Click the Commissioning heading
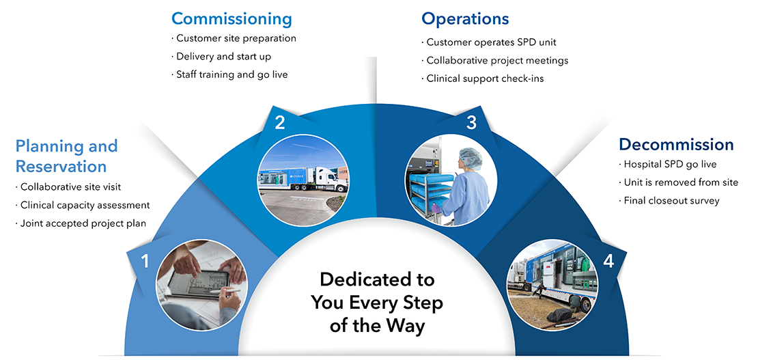click(x=231, y=18)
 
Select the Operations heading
click(x=465, y=18)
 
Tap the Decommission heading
click(x=676, y=144)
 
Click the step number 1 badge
click(x=144, y=261)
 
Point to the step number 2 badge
click(x=280, y=123)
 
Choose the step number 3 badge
click(x=471, y=123)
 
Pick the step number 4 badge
click(x=607, y=261)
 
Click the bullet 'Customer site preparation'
click(x=236, y=38)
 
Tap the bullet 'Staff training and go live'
click(x=231, y=74)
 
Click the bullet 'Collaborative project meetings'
click(x=496, y=60)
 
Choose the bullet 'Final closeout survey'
click(x=671, y=201)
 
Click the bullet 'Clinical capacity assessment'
click(x=85, y=205)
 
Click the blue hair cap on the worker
click(x=470, y=159)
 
